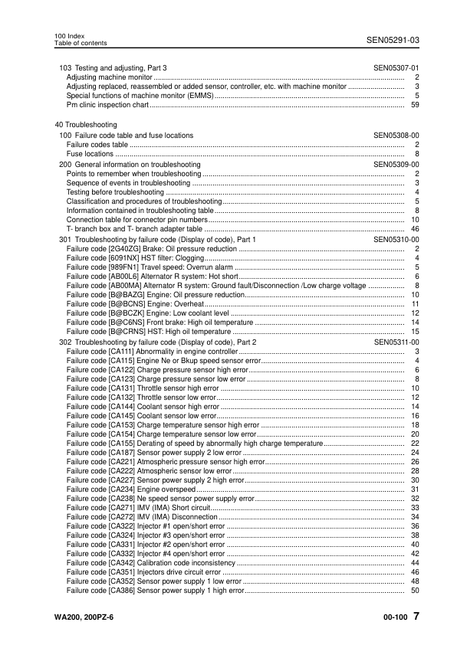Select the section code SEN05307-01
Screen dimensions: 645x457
pos(396,68)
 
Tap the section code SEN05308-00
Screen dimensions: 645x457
pos(396,136)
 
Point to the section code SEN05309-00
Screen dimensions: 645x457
pos(396,164)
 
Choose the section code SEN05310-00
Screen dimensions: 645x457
pos(396,240)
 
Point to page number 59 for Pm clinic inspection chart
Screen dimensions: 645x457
pos(414,105)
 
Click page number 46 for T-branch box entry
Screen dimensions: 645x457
pos(414,229)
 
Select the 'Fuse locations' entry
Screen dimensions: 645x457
pos(90,154)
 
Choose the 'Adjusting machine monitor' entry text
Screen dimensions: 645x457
pos(109,77)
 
